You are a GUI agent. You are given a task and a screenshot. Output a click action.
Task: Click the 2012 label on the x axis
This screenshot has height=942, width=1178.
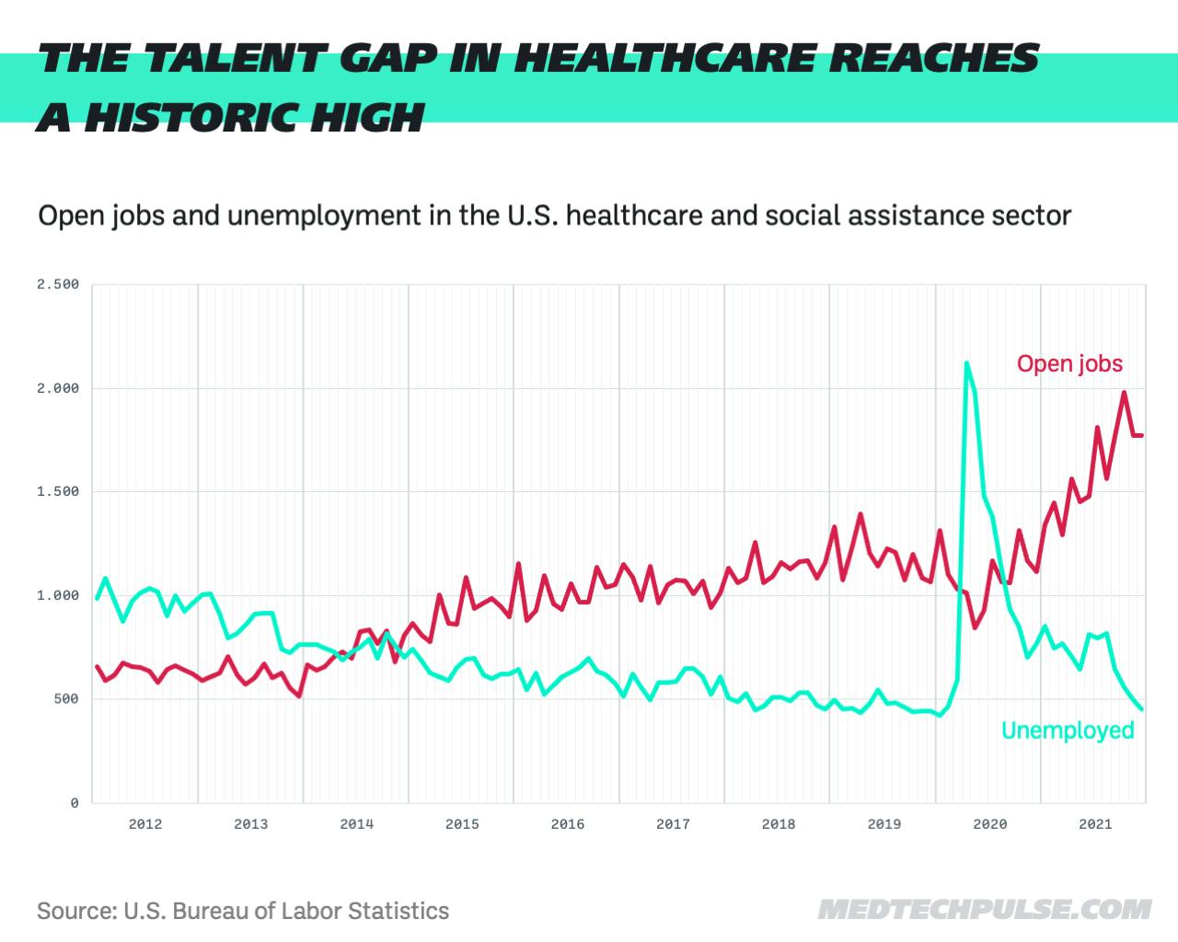(x=145, y=824)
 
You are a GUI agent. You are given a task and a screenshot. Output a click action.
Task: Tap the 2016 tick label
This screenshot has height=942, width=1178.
(x=568, y=824)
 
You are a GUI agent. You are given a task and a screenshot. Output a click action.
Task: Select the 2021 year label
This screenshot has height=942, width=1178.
(x=1095, y=824)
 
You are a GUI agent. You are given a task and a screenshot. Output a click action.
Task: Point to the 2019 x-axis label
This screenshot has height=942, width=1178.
(x=884, y=824)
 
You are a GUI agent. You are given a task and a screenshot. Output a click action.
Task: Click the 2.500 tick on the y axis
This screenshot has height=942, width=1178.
(x=58, y=284)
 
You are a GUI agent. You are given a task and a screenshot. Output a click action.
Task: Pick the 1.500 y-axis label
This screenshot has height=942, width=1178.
(x=58, y=491)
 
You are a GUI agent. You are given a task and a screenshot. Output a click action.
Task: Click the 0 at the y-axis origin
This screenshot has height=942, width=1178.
(x=75, y=803)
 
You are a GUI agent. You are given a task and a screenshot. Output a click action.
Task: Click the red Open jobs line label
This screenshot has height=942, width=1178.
(x=1069, y=363)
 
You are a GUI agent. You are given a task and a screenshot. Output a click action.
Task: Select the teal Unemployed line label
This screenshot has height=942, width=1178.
(x=1068, y=730)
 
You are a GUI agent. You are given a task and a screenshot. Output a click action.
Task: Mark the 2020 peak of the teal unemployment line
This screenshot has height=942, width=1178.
(x=966, y=363)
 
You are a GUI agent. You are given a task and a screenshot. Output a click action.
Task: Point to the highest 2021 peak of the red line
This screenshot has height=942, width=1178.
(x=1124, y=393)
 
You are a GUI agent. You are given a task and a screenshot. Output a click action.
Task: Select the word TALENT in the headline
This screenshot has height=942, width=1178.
(x=238, y=59)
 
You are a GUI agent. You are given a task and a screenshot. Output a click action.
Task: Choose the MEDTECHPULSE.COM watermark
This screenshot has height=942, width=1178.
(x=985, y=910)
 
